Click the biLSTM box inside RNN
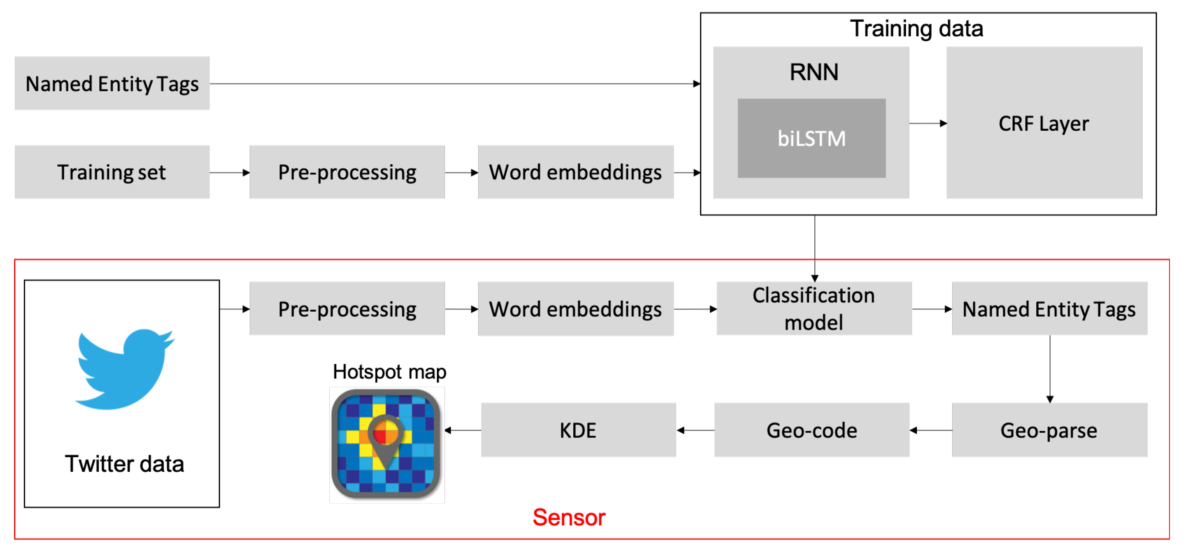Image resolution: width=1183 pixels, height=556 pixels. [x=811, y=138]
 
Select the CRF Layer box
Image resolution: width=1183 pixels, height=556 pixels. [x=1044, y=123]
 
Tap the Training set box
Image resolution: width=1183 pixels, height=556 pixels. [x=112, y=172]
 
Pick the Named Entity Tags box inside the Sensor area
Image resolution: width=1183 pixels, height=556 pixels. [x=1049, y=308]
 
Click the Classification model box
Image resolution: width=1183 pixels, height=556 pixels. [x=814, y=308]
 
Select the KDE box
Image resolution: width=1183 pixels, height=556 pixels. [x=578, y=430]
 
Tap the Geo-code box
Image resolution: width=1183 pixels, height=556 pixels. [x=812, y=430]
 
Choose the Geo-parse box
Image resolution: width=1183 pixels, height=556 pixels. [x=1049, y=430]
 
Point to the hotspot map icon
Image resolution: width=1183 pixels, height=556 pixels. [x=386, y=444]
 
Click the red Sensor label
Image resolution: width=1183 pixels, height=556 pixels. [x=568, y=518]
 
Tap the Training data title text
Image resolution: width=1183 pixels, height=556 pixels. [x=916, y=29]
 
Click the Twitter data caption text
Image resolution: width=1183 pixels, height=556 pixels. [x=124, y=464]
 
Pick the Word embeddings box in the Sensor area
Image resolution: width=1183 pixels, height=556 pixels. [x=575, y=308]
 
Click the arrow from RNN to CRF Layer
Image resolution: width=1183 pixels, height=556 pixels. [x=927, y=123]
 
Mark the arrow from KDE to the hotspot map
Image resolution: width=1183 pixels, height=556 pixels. [x=463, y=430]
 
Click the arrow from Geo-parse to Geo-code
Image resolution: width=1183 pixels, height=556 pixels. [x=930, y=430]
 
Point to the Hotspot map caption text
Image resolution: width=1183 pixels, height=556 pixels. [x=389, y=371]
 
